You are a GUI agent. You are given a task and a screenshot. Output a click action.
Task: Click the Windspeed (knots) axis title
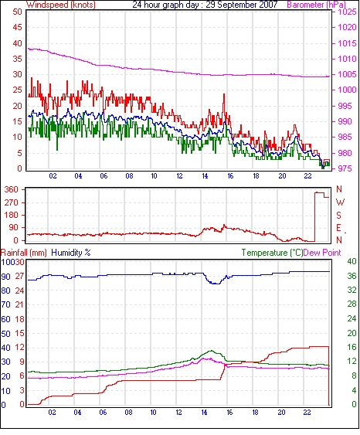61,5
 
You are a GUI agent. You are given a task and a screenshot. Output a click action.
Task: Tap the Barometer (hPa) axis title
316,5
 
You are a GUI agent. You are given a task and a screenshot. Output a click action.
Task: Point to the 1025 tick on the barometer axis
347,12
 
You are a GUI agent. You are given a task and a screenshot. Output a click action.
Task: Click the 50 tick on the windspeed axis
17,12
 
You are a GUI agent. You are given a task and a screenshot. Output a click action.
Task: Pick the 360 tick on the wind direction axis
11,190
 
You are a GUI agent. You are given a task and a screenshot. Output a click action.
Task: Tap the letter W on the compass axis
340,202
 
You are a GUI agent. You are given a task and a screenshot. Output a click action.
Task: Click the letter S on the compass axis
338,215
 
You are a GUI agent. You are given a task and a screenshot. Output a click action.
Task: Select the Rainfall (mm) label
23,253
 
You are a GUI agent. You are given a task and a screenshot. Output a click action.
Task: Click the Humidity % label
71,253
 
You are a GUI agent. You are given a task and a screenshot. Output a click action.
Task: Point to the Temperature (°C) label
272,253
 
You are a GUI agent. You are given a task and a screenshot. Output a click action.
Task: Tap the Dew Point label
322,253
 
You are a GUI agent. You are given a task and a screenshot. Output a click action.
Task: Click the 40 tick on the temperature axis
352,261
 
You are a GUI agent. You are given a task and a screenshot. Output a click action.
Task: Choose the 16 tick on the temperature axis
352,347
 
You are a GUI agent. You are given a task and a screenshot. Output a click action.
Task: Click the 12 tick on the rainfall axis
20,348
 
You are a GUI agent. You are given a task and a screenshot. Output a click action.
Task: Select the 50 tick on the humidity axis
6,334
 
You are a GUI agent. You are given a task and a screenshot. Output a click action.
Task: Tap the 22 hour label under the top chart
307,176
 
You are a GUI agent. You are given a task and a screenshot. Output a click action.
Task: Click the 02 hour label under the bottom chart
52,413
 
